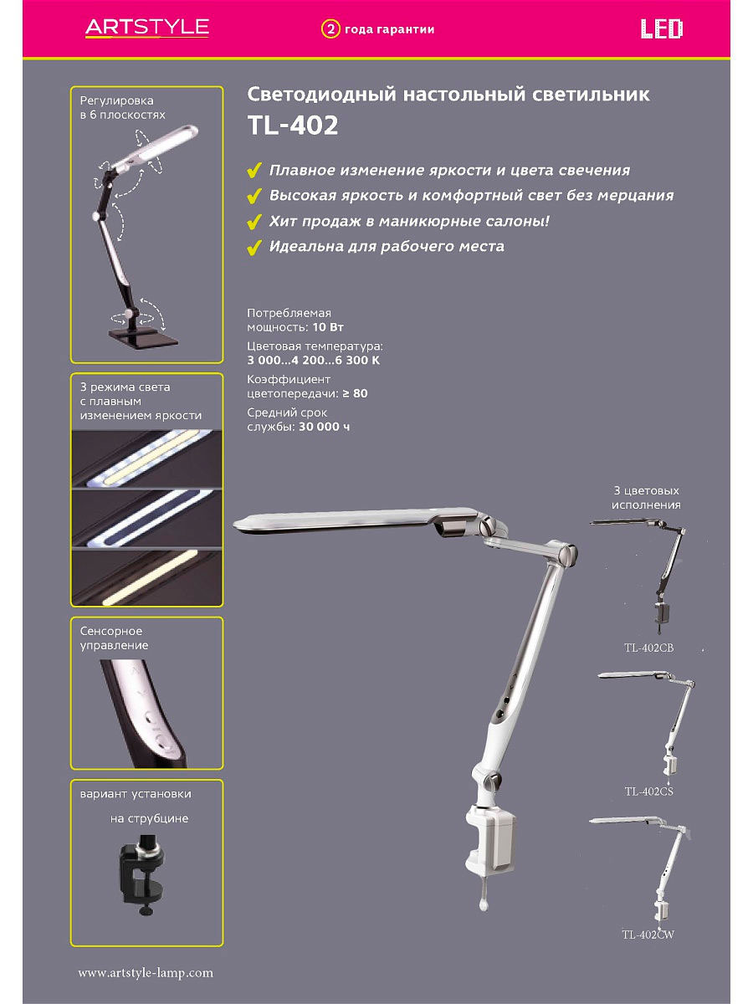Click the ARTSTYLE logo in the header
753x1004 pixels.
tap(147, 28)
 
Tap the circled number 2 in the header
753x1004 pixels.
tap(330, 29)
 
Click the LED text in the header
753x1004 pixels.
tap(661, 28)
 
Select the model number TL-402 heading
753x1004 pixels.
tap(293, 125)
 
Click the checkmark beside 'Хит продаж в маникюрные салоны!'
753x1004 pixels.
tap(254, 222)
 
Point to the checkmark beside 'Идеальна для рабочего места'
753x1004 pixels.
tap(254, 248)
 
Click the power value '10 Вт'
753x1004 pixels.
tap(328, 327)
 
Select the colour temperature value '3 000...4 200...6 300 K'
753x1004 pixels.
tap(313, 360)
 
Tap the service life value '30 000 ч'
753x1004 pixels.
tap(324, 427)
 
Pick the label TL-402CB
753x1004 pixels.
tap(648, 648)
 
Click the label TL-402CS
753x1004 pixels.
tap(648, 791)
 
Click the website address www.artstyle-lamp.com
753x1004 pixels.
tap(146, 972)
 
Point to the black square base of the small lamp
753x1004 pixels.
tap(143, 336)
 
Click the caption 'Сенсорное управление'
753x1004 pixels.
tap(115, 638)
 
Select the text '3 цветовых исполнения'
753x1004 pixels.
tap(646, 498)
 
